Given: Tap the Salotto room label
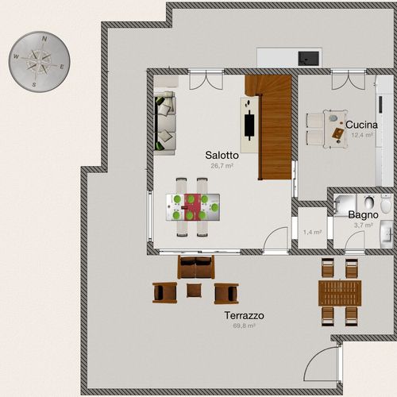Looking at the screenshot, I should click(x=222, y=156).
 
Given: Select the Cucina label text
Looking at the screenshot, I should click(x=361, y=125).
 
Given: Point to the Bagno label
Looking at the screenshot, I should click(x=363, y=215).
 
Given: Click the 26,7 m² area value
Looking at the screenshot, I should click(x=222, y=167).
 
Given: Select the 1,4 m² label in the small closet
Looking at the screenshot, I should click(x=313, y=233).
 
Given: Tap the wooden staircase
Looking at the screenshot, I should click(x=269, y=127).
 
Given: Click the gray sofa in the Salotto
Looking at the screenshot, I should click(x=164, y=121).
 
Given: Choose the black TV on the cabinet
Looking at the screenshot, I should click(x=250, y=124).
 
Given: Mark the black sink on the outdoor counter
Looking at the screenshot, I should click(x=307, y=57).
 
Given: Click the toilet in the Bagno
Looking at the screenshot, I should click(x=386, y=206).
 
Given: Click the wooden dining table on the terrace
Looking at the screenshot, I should click(x=339, y=291).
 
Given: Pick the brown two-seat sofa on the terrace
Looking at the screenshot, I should click(x=196, y=268).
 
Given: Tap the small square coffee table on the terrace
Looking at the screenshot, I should click(x=195, y=291).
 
